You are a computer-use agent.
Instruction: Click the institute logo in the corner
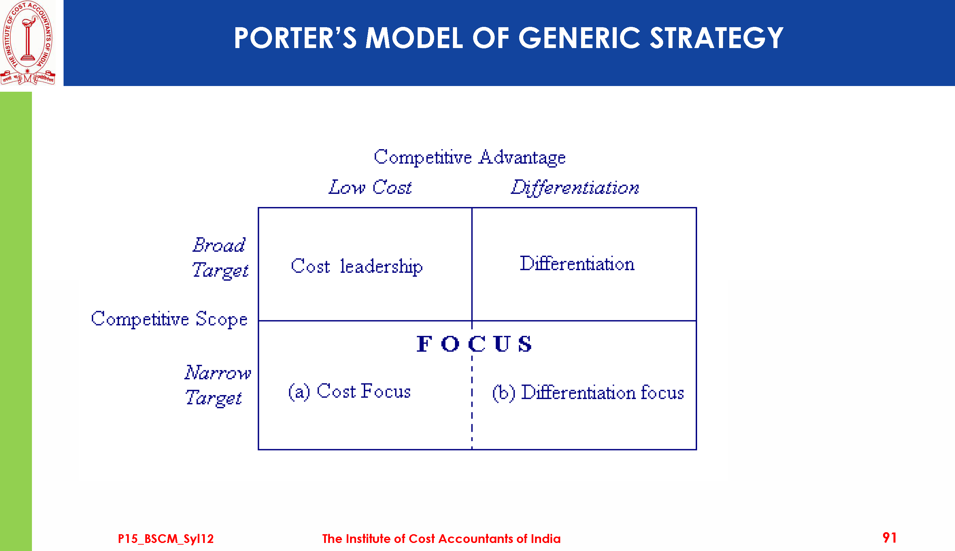[28, 42]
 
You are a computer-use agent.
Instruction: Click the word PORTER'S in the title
[295, 38]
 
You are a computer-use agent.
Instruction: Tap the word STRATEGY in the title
[717, 38]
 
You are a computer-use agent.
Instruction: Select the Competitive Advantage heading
[469, 158]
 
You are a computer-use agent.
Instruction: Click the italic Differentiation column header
[575, 188]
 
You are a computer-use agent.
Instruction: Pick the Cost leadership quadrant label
[357, 266]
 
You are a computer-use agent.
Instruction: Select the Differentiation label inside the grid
[577, 263]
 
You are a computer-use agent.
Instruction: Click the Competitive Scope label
[169, 319]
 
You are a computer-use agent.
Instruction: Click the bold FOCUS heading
[474, 344]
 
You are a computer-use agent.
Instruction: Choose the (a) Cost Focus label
[349, 391]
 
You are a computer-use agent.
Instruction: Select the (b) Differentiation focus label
[588, 393]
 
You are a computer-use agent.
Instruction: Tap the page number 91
[889, 538]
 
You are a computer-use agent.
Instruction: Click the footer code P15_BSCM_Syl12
[165, 539]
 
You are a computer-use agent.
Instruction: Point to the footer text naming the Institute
[441, 539]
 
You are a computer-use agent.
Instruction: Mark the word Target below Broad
[220, 270]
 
